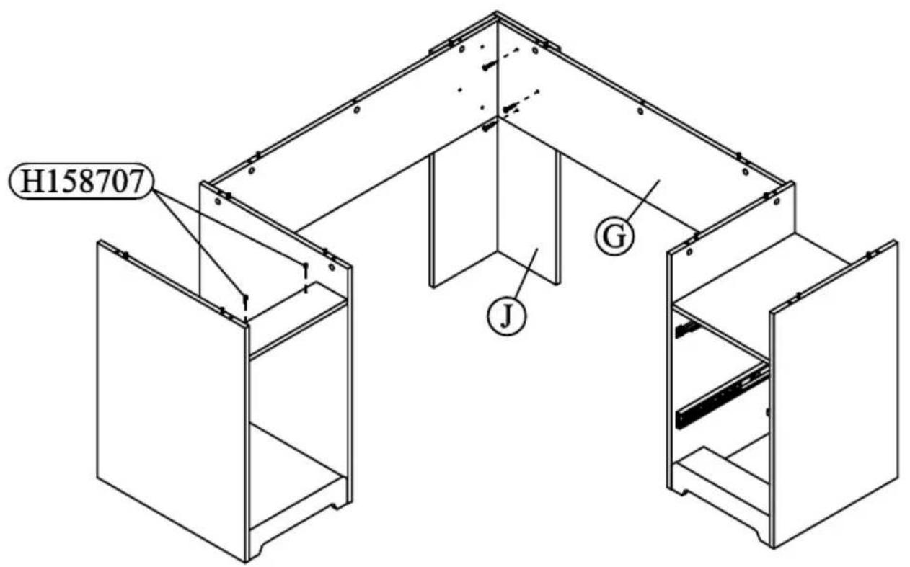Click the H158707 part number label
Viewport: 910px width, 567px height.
point(81,181)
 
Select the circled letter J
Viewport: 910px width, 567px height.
point(506,316)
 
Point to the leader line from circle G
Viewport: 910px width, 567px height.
point(644,200)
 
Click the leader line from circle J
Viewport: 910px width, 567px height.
point(527,274)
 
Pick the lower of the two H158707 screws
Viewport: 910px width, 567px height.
point(245,300)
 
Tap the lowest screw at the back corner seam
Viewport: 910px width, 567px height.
point(490,127)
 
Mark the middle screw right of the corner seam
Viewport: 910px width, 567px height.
point(511,108)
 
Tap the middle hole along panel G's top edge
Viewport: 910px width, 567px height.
point(640,111)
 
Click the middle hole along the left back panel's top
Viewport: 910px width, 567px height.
point(357,110)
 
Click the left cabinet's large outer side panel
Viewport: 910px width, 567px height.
point(172,400)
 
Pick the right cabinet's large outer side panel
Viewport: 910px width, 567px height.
point(835,393)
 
